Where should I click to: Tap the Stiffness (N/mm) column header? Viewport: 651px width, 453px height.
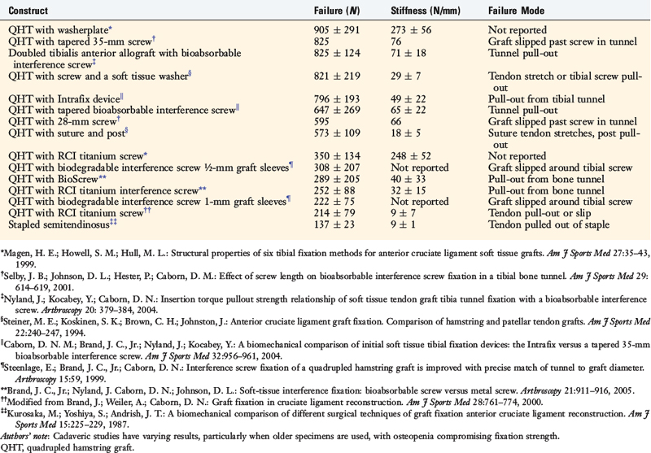tap(430, 12)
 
